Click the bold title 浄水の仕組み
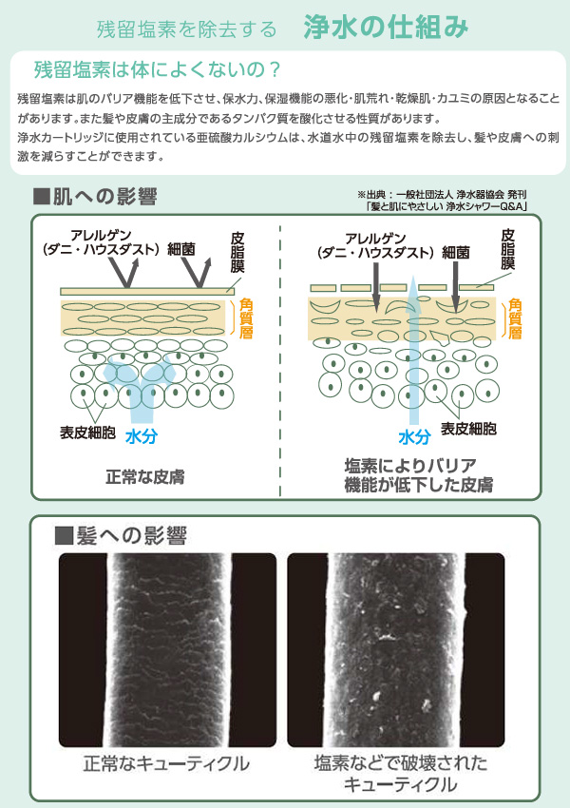(386, 27)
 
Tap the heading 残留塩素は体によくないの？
(157, 69)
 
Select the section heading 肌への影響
(95, 197)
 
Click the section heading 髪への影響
(121, 535)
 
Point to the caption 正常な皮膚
(144, 476)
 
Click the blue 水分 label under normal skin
(142, 437)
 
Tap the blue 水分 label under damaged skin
(414, 437)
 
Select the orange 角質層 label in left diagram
(246, 317)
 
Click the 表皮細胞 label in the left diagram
(87, 433)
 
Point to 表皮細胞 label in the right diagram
(468, 429)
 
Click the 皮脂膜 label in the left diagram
(237, 253)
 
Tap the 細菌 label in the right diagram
(456, 253)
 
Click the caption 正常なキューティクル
(166, 763)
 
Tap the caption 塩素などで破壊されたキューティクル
(401, 773)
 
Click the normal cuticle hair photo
(167, 650)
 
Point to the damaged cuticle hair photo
(396, 650)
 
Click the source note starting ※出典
(442, 200)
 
